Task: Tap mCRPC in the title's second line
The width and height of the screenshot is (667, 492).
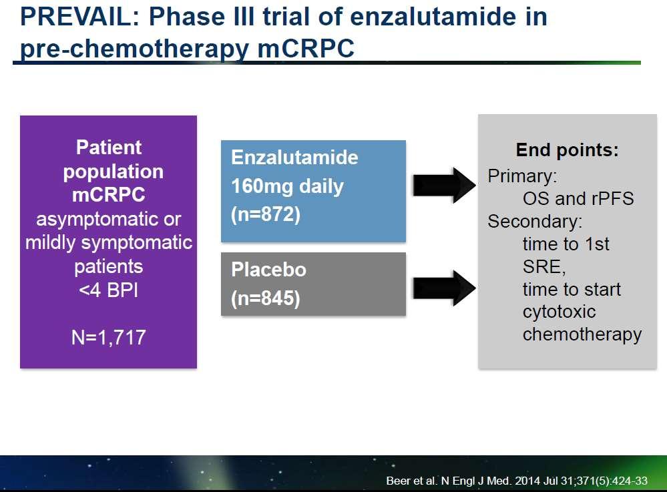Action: coord(306,47)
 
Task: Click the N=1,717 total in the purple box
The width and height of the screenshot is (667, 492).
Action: coord(108,337)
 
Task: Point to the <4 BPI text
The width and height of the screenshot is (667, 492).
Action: coord(108,290)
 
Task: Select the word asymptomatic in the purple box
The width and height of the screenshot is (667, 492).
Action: coord(97,220)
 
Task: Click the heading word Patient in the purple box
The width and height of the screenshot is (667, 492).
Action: coord(108,147)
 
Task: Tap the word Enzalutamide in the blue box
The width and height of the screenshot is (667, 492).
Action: coord(294,158)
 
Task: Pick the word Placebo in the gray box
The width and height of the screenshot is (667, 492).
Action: coord(268,270)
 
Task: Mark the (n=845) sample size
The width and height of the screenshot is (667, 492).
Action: coord(266,298)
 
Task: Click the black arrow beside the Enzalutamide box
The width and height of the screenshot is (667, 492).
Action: coord(444,185)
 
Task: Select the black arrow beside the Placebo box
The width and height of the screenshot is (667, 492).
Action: coord(444,288)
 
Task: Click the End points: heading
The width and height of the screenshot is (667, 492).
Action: coord(567,150)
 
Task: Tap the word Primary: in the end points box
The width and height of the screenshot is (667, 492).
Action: coord(522,176)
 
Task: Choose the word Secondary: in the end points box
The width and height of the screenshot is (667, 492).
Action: coord(535,222)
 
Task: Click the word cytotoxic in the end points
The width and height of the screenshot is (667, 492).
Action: coord(559,312)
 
